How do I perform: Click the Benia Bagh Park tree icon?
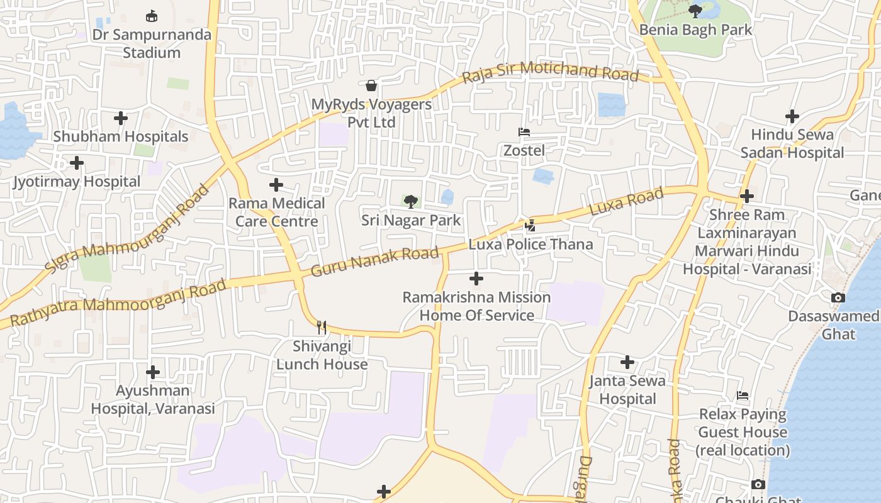pyautogui.click(x=695, y=11)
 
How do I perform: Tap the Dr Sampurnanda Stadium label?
pyautogui.click(x=152, y=43)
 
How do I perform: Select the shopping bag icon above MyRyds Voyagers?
pyautogui.click(x=371, y=85)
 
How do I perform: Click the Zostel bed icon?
pyautogui.click(x=524, y=132)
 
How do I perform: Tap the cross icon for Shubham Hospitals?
pyautogui.click(x=121, y=118)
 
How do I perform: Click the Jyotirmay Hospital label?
pyautogui.click(x=77, y=182)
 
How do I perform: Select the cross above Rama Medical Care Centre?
pyautogui.click(x=276, y=185)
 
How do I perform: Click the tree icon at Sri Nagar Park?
pyautogui.click(x=411, y=202)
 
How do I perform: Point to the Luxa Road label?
pyautogui.click(x=626, y=201)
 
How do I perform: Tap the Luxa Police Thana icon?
pyautogui.click(x=530, y=226)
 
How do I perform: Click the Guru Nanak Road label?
pyautogui.click(x=375, y=262)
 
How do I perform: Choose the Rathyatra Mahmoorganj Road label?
pyautogui.click(x=118, y=303)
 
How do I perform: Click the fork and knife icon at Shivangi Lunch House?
pyautogui.click(x=322, y=327)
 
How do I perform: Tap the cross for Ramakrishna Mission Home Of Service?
pyautogui.click(x=476, y=279)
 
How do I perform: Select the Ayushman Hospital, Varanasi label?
pyautogui.click(x=153, y=399)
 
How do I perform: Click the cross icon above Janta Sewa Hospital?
pyautogui.click(x=627, y=362)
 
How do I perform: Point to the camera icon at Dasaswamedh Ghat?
pyautogui.click(x=838, y=297)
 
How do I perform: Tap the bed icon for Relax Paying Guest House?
pyautogui.click(x=743, y=395)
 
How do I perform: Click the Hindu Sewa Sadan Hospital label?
pyautogui.click(x=792, y=143)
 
